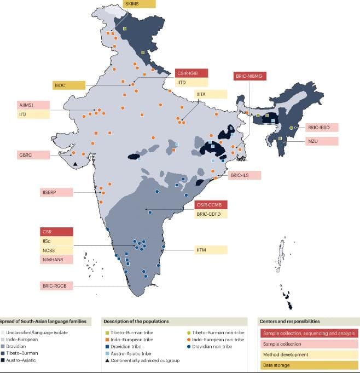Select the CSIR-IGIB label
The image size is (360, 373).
click(x=191, y=73)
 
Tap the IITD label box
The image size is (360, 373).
click(x=191, y=82)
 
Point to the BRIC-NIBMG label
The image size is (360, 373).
click(x=250, y=76)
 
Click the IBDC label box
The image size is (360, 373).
click(x=69, y=85)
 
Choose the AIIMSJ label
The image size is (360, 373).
click(x=34, y=105)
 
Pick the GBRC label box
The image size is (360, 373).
click(x=34, y=155)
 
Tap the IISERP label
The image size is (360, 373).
click(x=57, y=192)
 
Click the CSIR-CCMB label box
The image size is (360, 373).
click(x=211, y=205)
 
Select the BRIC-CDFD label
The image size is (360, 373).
click(x=211, y=214)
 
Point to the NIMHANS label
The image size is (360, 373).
click(x=57, y=260)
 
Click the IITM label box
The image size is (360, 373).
click(x=211, y=250)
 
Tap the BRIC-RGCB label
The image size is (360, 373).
click(x=57, y=286)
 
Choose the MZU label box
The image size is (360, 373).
click(x=322, y=141)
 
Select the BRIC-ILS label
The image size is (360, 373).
click(x=245, y=175)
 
